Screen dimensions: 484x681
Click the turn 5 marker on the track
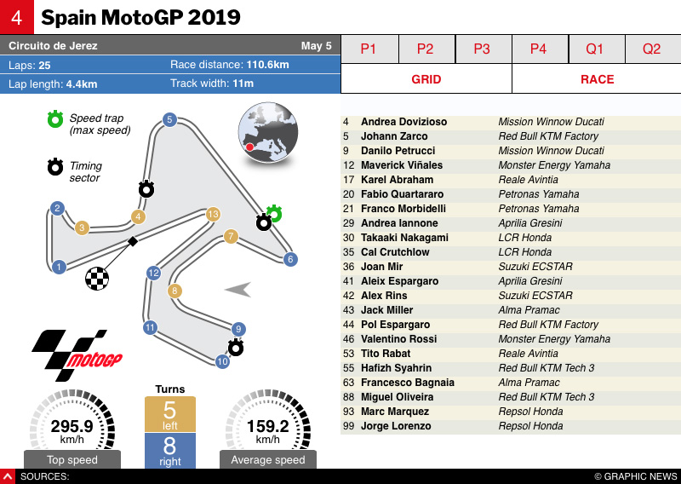point(169,119)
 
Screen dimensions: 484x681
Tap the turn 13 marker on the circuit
point(213,214)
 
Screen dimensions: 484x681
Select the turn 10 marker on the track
point(222,361)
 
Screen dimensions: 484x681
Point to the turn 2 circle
point(57,208)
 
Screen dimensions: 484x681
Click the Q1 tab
point(595,49)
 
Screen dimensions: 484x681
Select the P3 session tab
point(482,49)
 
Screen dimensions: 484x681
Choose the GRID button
point(426,79)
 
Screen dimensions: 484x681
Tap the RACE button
point(597,79)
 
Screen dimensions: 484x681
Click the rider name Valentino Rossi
point(398,339)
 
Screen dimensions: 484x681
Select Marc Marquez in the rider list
point(394,412)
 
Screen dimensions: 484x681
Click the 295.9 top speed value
point(72,426)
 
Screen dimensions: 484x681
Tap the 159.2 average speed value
point(267,426)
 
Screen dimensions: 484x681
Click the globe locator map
point(267,132)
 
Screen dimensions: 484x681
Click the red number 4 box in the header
point(17,17)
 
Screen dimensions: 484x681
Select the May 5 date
point(317,46)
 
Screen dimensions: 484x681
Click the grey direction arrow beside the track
point(239,290)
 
